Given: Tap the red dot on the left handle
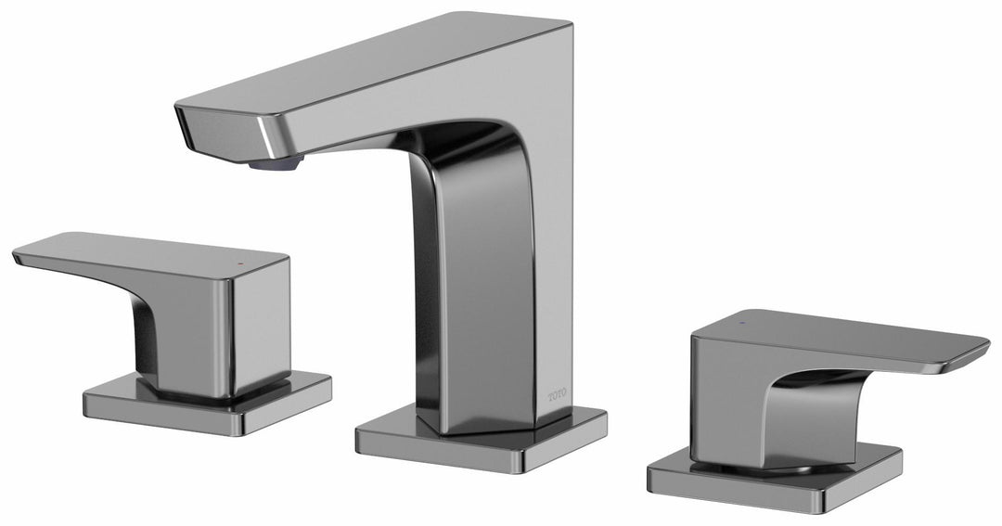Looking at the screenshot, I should click(x=243, y=264).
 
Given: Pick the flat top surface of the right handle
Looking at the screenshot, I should click(x=835, y=329).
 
